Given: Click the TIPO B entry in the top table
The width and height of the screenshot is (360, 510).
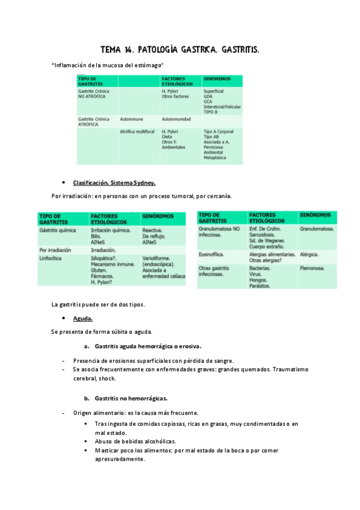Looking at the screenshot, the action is coord(211,112).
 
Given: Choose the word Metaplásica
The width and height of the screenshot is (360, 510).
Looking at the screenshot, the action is coord(216,158).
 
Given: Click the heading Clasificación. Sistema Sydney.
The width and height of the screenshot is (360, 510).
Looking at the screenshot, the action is coord(114,183).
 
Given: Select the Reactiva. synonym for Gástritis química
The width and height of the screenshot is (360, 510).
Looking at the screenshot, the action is coord(154,230).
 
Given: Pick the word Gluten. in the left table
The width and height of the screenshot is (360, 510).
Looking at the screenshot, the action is coord(100,269).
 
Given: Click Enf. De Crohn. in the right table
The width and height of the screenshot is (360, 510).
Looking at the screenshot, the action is coord(269,229).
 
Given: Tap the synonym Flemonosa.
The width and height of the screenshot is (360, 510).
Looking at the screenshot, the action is coord(313,268).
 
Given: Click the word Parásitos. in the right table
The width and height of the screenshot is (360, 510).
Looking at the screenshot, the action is coord(260,286).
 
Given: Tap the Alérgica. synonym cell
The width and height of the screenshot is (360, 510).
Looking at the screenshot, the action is coord(310,254).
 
